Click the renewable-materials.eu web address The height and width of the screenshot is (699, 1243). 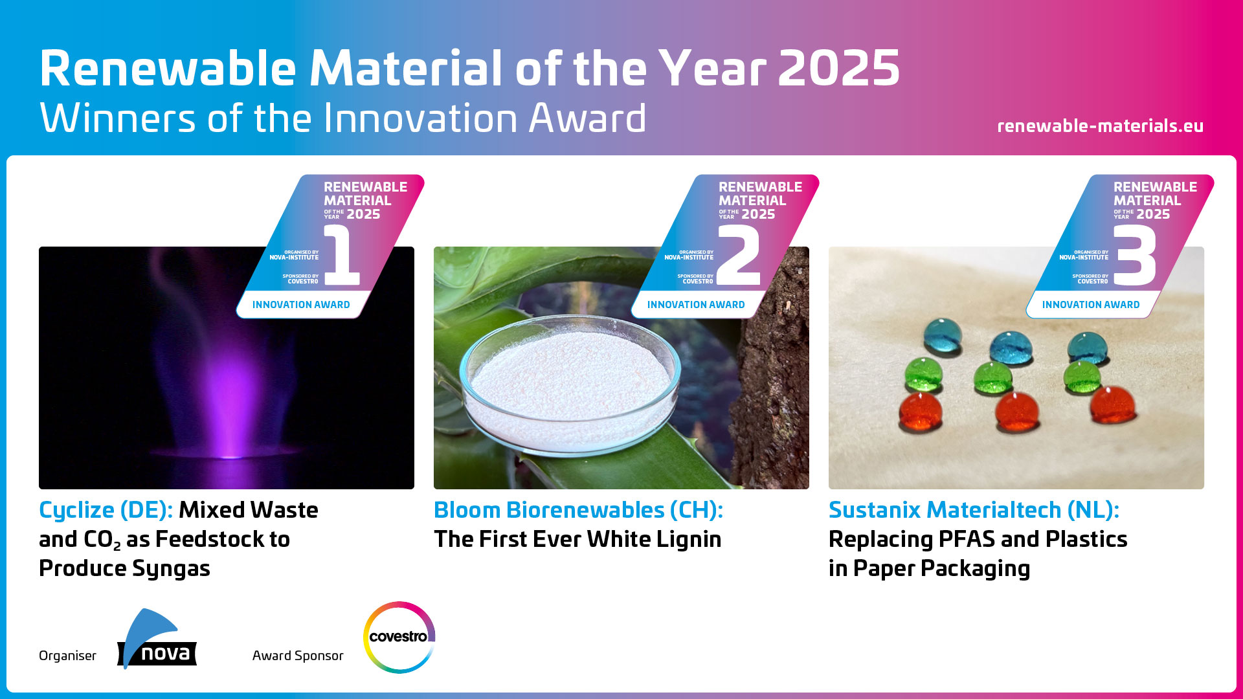tap(1100, 126)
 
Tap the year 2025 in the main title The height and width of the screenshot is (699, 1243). tap(838, 69)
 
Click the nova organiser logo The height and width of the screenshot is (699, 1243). tap(157, 639)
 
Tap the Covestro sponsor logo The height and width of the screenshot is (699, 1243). tap(399, 637)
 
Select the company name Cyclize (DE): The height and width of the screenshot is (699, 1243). tap(106, 511)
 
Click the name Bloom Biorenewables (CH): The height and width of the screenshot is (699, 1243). tap(578, 511)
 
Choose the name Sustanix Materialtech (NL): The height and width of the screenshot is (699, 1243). tap(974, 511)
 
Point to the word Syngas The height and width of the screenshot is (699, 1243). tap(171, 569)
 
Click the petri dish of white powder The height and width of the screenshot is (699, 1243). tap(570, 384)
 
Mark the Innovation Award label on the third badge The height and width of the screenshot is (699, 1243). tap(1091, 305)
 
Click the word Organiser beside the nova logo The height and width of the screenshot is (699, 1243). tap(67, 656)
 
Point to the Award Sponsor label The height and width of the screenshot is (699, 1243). tap(298, 656)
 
